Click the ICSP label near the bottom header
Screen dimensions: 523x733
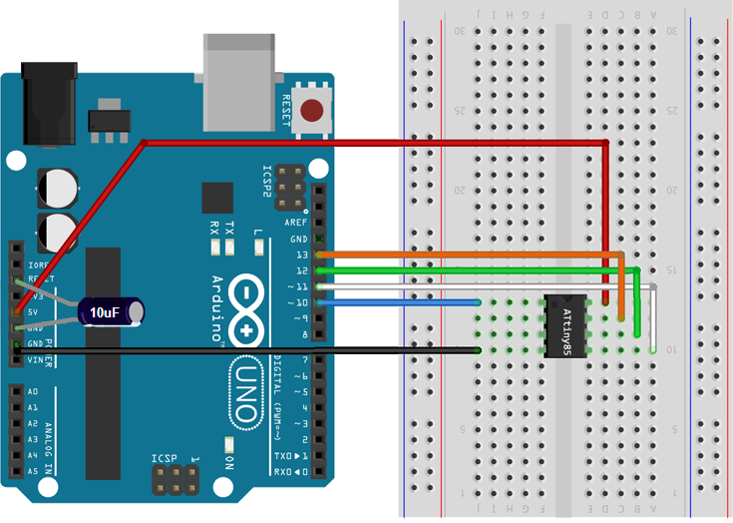coord(164,458)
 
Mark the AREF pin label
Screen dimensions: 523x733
coord(296,223)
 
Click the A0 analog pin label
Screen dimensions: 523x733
coord(32,392)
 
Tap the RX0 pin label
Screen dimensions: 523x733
coord(284,470)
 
